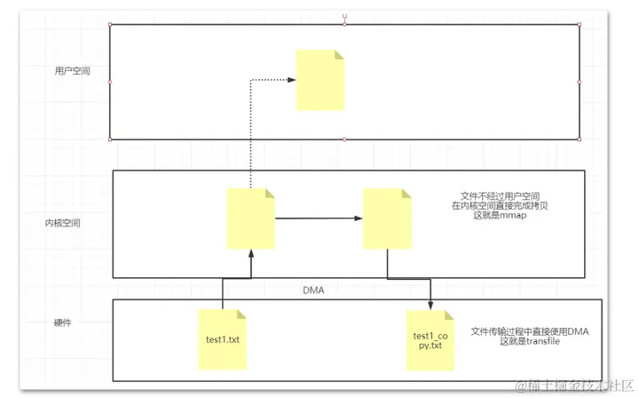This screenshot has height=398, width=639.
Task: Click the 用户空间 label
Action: point(73,70)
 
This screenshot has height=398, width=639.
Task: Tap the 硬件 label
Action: point(62,322)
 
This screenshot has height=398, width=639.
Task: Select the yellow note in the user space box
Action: point(320,80)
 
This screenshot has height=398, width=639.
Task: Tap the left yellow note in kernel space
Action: point(251,219)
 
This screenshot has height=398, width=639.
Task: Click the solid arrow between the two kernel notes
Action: point(319,217)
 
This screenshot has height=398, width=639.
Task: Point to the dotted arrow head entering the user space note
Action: point(294,80)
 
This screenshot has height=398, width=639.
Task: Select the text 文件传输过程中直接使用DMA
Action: point(530,330)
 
